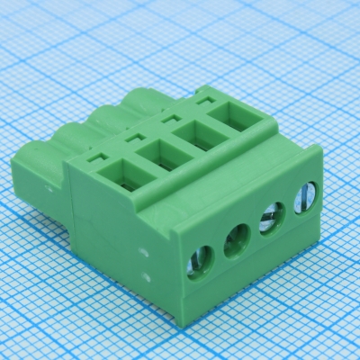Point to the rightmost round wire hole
tap(305, 196)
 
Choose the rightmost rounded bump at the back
tap(139, 97)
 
